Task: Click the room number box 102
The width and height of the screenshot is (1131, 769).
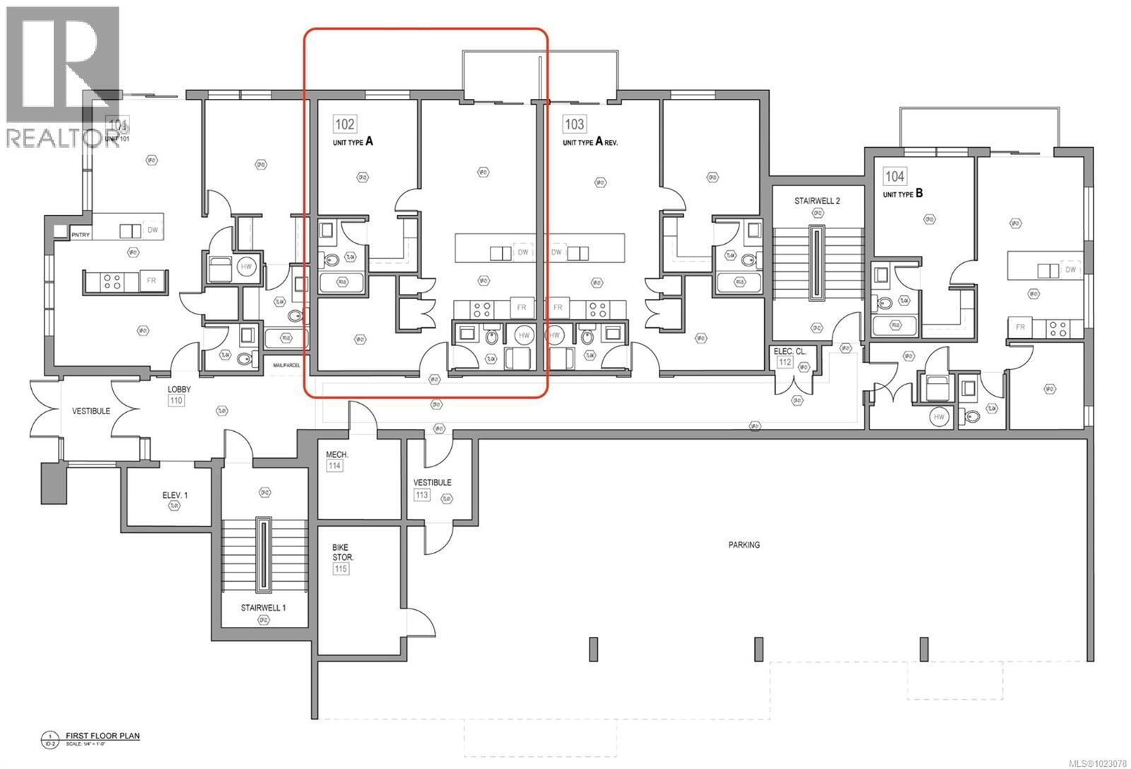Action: [345, 124]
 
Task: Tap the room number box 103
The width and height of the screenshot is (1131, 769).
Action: [574, 124]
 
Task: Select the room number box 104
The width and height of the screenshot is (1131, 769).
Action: [895, 176]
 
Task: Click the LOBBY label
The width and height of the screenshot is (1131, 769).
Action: [179, 389]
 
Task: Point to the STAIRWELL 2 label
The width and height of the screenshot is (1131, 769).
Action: [816, 201]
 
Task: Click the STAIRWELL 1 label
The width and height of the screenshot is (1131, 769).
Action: [263, 607]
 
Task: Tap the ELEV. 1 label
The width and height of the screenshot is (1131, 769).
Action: [175, 495]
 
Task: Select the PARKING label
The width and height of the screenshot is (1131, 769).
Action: [744, 545]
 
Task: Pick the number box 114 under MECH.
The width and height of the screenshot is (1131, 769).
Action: [334, 466]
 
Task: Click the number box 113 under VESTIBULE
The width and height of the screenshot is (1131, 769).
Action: [422, 495]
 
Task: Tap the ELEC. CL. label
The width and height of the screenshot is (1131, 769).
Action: [790, 351]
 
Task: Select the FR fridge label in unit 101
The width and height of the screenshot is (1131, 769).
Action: [151, 281]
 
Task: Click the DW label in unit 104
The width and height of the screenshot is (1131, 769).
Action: [1070, 270]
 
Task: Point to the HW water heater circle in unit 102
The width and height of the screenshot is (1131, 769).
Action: [523, 335]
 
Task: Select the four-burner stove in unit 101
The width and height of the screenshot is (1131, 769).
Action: [112, 281]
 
